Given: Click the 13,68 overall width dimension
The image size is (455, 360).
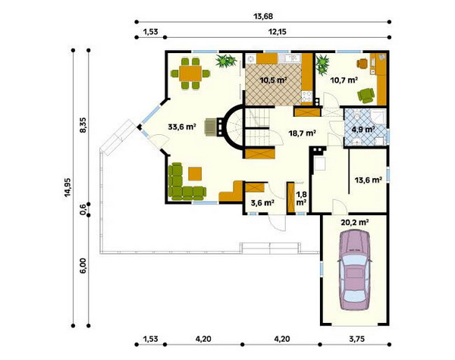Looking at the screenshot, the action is point(263,17).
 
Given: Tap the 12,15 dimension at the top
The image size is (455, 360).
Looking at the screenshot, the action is point(277,32).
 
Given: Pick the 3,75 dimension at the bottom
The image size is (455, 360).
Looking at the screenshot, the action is point(356,339).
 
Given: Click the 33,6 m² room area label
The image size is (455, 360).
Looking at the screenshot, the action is point(182,127).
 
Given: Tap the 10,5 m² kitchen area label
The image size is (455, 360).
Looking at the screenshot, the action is point(274,80).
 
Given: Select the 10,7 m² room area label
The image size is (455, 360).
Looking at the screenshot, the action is point(344,80).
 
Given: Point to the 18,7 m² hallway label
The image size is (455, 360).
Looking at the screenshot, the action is point(302,133).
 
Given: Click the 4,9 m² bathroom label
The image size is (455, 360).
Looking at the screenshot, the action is point(362,129).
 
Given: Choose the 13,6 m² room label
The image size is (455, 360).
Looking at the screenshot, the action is point(368,180).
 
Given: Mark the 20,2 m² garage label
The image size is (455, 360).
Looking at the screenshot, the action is point(355,223).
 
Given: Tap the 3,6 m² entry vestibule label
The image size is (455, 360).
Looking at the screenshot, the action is point(262,203).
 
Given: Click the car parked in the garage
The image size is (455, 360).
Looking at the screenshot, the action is point(355,270).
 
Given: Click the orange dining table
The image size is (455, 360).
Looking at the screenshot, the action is point(190,74).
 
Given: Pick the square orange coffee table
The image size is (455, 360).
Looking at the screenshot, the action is point(195,174).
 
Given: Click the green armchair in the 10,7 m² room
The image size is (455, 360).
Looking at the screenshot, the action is point(366,95).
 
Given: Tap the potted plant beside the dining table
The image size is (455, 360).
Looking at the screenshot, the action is point(226,61).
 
